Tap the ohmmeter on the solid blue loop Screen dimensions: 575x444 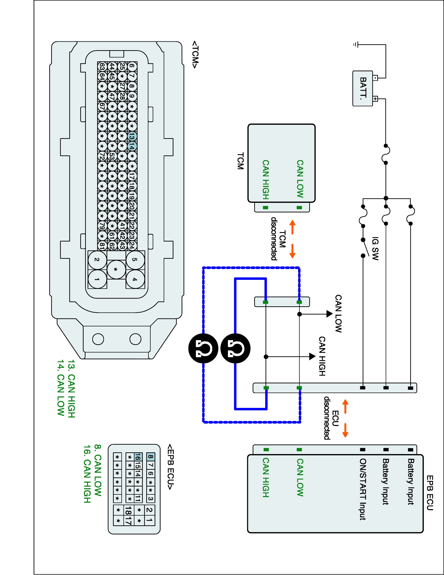[x=235, y=348]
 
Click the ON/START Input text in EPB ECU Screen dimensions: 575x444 [x=363, y=489]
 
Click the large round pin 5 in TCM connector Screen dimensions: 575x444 [x=135, y=260]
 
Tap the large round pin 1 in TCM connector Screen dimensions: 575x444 [x=97, y=279]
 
